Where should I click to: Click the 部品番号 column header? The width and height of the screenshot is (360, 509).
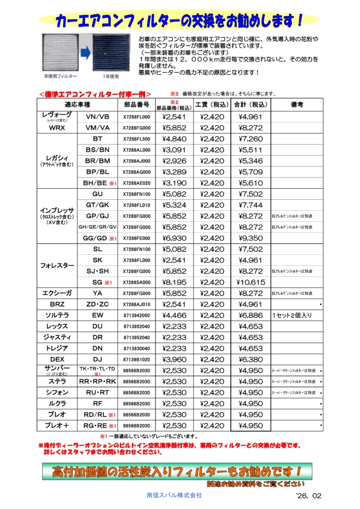pyautogui.click(x=136, y=104)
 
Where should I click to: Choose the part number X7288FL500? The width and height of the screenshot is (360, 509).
pyautogui.click(x=136, y=139)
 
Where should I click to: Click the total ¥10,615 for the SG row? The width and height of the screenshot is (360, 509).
pyautogui.click(x=251, y=282)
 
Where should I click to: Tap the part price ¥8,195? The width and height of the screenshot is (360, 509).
pyautogui.click(x=174, y=282)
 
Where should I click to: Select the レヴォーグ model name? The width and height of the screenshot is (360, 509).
pyautogui.click(x=57, y=115)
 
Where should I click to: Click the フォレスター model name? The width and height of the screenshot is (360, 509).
pyautogui.click(x=57, y=265)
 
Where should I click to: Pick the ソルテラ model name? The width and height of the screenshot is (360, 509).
pyautogui.click(x=57, y=315)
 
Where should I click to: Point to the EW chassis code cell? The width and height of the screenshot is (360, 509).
pyautogui.click(x=97, y=315)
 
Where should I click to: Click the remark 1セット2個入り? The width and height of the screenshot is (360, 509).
pyautogui.click(x=292, y=315)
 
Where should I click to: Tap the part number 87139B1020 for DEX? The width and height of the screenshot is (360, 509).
pyautogui.click(x=136, y=359)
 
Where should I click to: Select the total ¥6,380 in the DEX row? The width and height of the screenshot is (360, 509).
pyautogui.click(x=251, y=359)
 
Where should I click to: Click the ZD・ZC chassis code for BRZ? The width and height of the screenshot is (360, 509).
pyautogui.click(x=97, y=304)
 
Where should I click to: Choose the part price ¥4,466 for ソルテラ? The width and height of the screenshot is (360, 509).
pyautogui.click(x=174, y=315)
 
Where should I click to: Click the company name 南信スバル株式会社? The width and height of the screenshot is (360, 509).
pyautogui.click(x=174, y=495)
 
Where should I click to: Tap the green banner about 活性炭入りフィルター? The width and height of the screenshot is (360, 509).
pyautogui.click(x=177, y=471)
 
